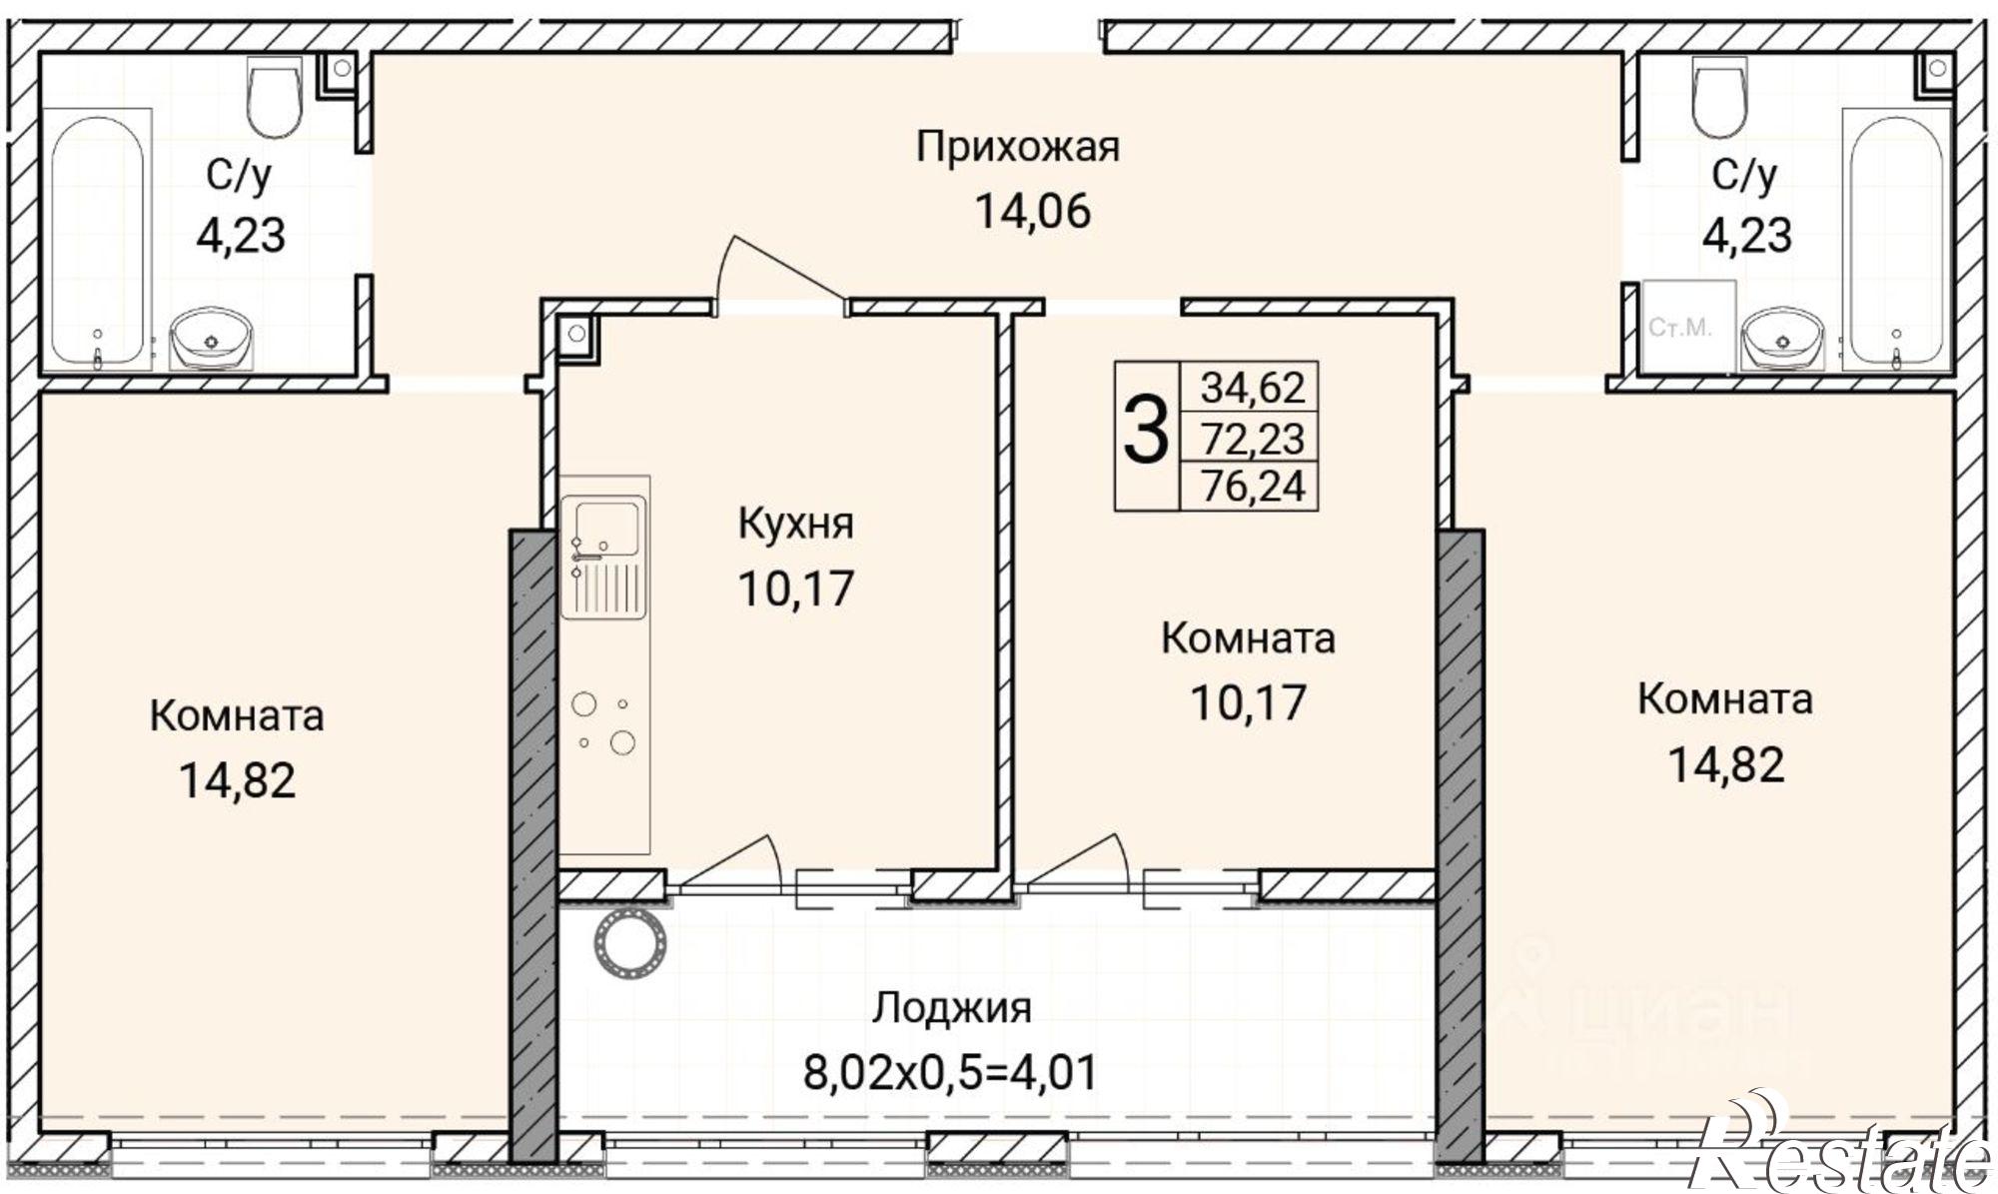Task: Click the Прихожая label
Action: coord(1018,148)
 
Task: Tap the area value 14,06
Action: coord(1032,211)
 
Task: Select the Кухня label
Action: coord(795,524)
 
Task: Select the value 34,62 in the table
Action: coord(1252,386)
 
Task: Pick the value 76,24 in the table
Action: coord(1252,487)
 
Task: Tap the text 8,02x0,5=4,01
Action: coord(950,1072)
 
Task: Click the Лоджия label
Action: coord(951,1008)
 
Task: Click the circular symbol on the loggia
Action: coord(627,944)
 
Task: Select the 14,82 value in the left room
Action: coord(237,780)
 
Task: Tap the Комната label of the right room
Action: coord(1724,699)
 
